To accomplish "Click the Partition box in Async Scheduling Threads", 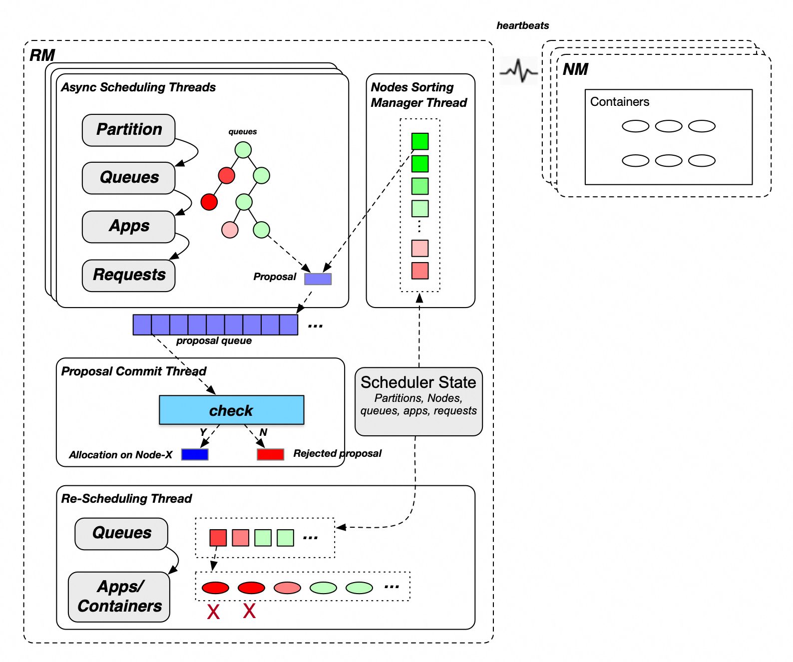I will coord(128,130).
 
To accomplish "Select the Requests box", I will coord(128,275).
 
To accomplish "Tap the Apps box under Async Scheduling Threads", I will coord(128,227).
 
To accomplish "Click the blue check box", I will coord(231,410).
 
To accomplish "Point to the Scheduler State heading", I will coord(418,382).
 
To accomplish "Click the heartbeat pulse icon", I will coord(519,71).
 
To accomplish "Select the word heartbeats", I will coord(522,25).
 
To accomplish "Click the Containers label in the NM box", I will coord(619,102).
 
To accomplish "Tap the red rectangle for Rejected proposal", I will coord(270,454).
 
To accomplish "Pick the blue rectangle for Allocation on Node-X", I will coord(195,454).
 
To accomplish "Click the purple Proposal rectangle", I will coord(318,279).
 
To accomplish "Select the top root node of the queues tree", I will coord(243,150).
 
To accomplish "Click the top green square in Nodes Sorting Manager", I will coord(420,141).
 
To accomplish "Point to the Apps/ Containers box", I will coord(119,597).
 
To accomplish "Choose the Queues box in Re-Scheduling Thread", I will coord(121,533).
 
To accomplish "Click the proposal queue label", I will coord(214,341).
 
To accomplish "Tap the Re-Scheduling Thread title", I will coord(126,499).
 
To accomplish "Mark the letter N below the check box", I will coord(263,432).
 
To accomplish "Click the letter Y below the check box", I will coord(203,432).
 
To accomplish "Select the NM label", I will coord(575,69).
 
